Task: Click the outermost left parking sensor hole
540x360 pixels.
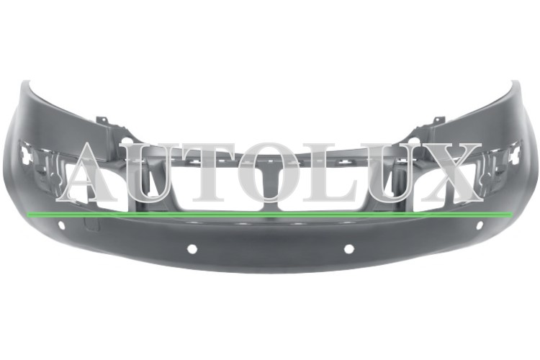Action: tap(61, 225)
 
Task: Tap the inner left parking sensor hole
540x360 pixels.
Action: tap(192, 249)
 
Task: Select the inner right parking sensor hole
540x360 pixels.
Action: tap(348, 249)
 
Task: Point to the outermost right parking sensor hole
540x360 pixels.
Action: tap(479, 225)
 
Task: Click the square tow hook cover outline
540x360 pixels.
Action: tap(91, 224)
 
